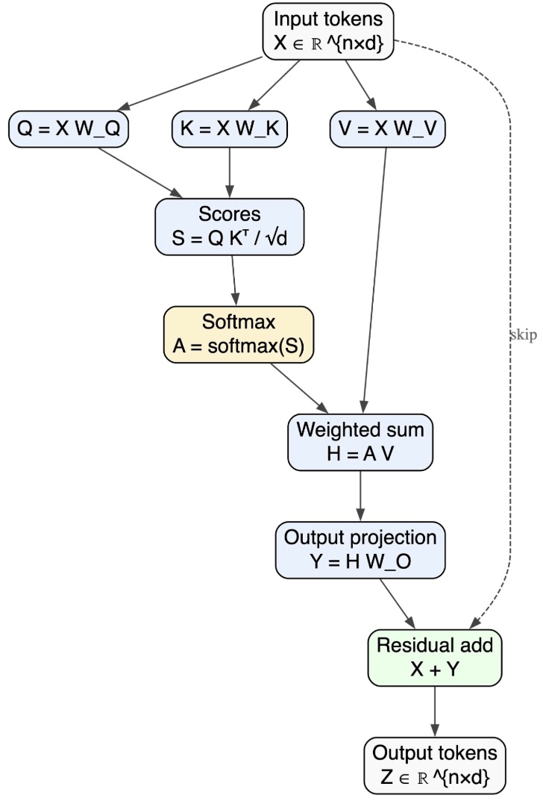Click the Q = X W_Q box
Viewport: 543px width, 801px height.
[69, 128]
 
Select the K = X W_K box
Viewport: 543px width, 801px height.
[230, 128]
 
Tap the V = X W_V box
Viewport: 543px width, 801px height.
[388, 128]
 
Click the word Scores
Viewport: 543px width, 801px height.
[230, 214]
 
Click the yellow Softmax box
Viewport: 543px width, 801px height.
[238, 334]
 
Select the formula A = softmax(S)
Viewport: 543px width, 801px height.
[238, 346]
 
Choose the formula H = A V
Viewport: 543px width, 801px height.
[360, 453]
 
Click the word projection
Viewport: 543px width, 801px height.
[393, 537]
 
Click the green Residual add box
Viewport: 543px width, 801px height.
[435, 658]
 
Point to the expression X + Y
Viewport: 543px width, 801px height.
[435, 670]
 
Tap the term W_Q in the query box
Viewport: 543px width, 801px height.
[97, 128]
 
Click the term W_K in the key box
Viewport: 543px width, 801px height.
[257, 128]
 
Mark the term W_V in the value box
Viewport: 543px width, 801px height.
[415, 128]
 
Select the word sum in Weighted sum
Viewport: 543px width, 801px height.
[405, 430]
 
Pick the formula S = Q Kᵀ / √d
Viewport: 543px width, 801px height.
[230, 239]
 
